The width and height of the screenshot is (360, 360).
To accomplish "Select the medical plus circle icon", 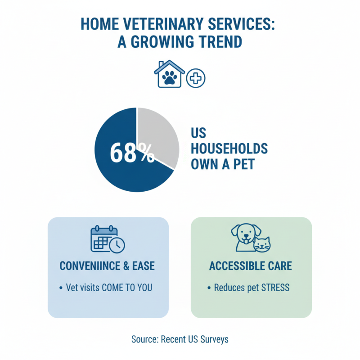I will click(196, 78).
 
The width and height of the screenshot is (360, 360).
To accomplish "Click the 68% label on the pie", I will click(131, 153).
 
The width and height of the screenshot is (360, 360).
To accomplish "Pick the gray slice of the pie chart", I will click(157, 135).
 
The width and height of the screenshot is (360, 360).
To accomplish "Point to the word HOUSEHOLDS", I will click(229, 148).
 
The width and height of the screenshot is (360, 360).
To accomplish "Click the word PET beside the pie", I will click(243, 164).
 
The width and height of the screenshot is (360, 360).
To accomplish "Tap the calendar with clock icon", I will click(108, 239).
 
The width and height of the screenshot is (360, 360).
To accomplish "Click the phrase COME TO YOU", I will click(126, 287).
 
